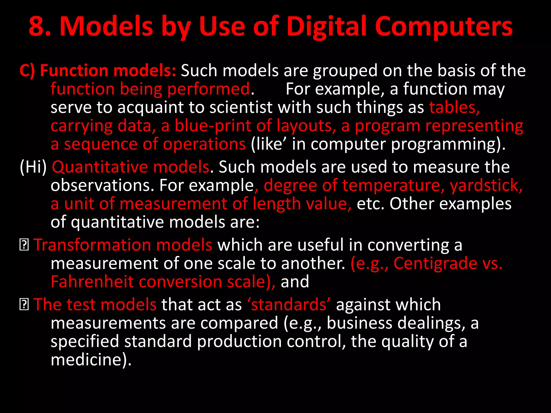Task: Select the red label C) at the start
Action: (x=27, y=71)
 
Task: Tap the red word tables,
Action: (x=454, y=107)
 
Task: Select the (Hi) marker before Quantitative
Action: (x=33, y=167)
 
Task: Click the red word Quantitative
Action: (x=100, y=167)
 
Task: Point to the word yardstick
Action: (x=486, y=185)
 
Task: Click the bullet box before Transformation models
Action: (x=24, y=245)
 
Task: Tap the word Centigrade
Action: (x=435, y=263)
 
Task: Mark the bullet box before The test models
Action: (x=24, y=305)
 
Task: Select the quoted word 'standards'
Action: (x=289, y=305)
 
